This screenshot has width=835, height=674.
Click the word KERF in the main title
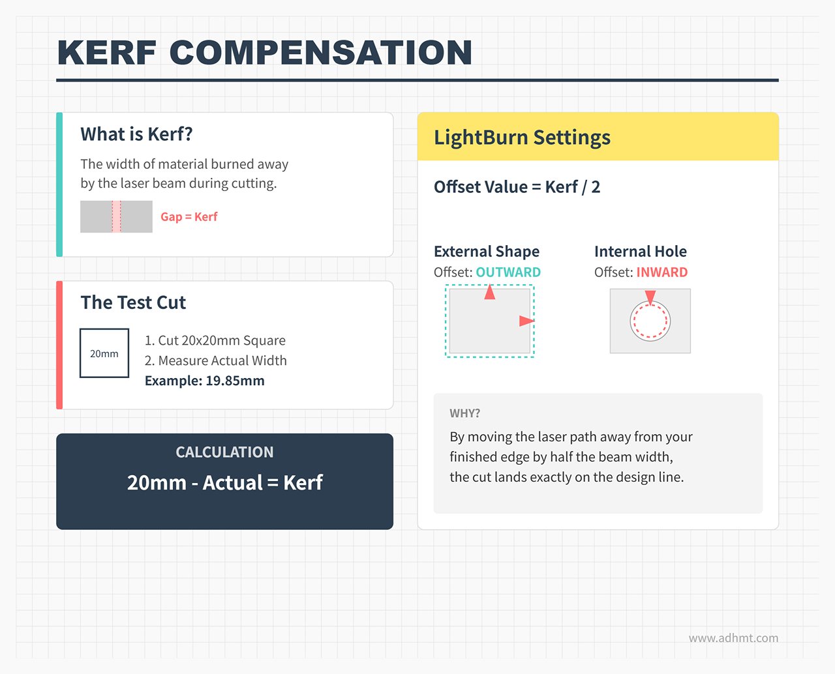[x=107, y=53]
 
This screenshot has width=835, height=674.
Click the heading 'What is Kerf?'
[x=136, y=134]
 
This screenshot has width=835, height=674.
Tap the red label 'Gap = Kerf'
[x=189, y=217]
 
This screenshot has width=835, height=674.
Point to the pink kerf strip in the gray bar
[x=116, y=216]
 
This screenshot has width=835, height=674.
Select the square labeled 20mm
[x=104, y=353]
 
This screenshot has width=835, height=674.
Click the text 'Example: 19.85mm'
[x=204, y=381]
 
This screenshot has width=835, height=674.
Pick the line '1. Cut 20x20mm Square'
[x=215, y=340]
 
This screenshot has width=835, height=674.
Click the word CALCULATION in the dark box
[x=224, y=452]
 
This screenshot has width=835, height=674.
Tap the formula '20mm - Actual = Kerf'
[x=224, y=482]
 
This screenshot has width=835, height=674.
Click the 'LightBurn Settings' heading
[x=522, y=138]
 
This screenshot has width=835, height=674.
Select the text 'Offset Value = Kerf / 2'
[x=517, y=187]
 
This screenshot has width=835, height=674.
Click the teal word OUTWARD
[x=508, y=272]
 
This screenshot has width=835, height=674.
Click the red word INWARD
[x=661, y=272]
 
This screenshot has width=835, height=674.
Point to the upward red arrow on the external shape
[x=490, y=293]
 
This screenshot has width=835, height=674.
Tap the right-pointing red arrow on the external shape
[x=526, y=321]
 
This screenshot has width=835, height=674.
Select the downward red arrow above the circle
[x=650, y=297]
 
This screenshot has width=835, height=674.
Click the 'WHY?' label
[x=464, y=413]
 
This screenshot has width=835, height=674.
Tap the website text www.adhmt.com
[x=733, y=638]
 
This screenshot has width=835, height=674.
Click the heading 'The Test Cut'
[x=133, y=302]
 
